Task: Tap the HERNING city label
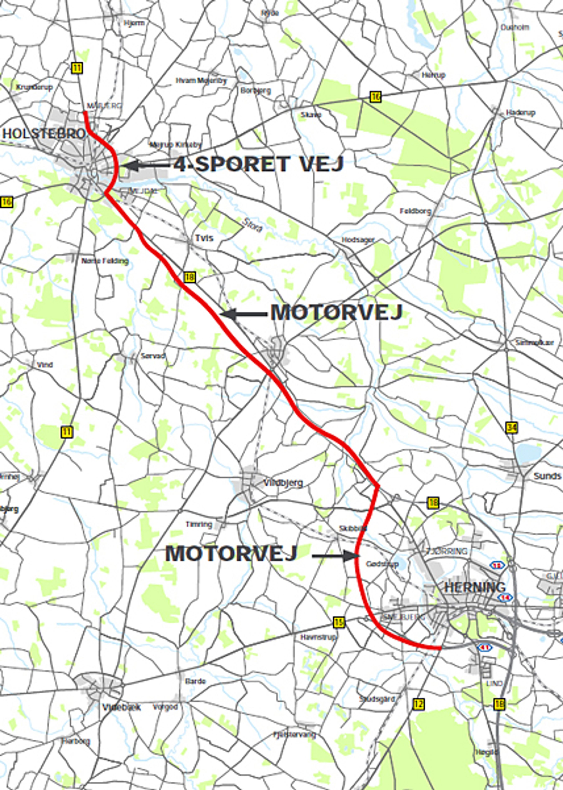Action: tap(475, 587)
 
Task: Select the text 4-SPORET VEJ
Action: tap(258, 164)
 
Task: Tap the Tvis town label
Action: tap(204, 238)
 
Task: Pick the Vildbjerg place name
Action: tap(283, 483)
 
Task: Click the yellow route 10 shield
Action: tap(375, 97)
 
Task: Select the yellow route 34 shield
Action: tap(511, 428)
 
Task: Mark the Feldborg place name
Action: tap(415, 211)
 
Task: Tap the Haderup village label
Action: tap(520, 112)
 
